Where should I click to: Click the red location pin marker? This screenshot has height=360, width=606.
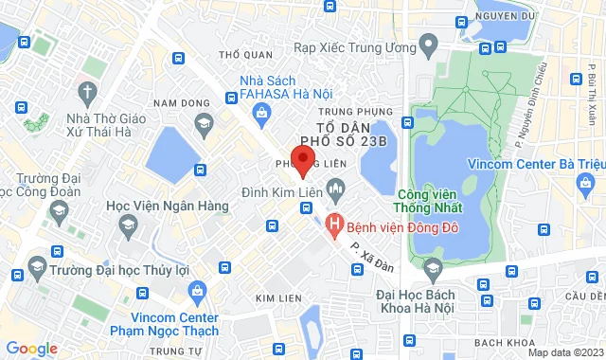[x=302, y=161]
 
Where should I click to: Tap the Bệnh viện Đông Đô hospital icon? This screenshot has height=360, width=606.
[x=333, y=225]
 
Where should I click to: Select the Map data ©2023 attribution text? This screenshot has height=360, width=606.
[x=563, y=352]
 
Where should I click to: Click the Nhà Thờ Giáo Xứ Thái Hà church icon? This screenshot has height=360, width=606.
[x=88, y=93]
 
